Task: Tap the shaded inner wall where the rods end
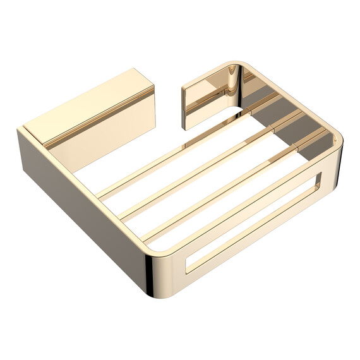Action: pyautogui.click(x=303, y=126)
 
